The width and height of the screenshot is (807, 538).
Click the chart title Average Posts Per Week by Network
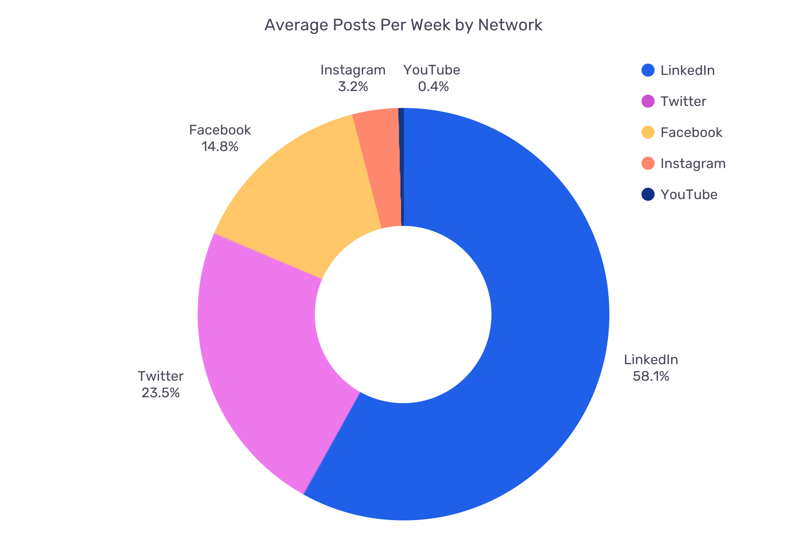point(403,25)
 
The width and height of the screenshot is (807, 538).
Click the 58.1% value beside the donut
point(651,376)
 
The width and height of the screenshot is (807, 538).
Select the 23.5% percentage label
point(161,393)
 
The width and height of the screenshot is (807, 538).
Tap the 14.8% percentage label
point(220,147)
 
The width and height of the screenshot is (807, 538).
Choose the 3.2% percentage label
point(353,87)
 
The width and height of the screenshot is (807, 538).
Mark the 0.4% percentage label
point(433,87)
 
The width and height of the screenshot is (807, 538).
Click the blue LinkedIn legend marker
point(648,70)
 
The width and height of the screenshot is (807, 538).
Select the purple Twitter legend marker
point(648,101)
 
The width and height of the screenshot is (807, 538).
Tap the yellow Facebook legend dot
point(648,132)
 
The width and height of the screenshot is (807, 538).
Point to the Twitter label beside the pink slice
point(161,376)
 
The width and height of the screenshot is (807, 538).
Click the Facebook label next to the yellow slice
point(220,130)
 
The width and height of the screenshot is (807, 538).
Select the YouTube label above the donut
point(432,70)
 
